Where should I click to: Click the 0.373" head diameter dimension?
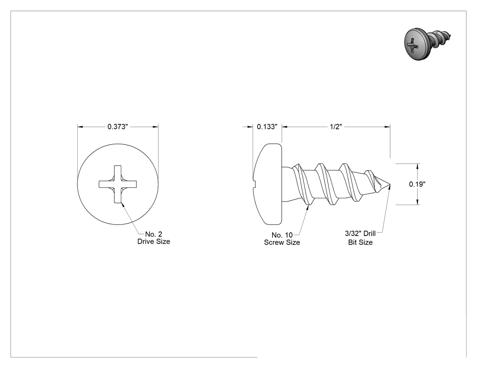pyautogui.click(x=117, y=127)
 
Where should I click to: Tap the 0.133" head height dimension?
pyautogui.click(x=267, y=127)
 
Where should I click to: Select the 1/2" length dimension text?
pyautogui.click(x=336, y=127)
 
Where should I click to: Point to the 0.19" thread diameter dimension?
pyautogui.click(x=417, y=184)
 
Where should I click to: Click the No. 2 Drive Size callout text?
pyautogui.click(x=154, y=238)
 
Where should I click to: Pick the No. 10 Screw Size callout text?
pyautogui.click(x=282, y=239)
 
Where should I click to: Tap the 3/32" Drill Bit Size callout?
pyautogui.click(x=360, y=238)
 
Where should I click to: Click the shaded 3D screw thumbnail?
pyautogui.click(x=427, y=44)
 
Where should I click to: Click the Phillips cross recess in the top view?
pyautogui.click(x=118, y=184)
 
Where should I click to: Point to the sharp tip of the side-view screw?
pyautogui.click(x=390, y=185)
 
